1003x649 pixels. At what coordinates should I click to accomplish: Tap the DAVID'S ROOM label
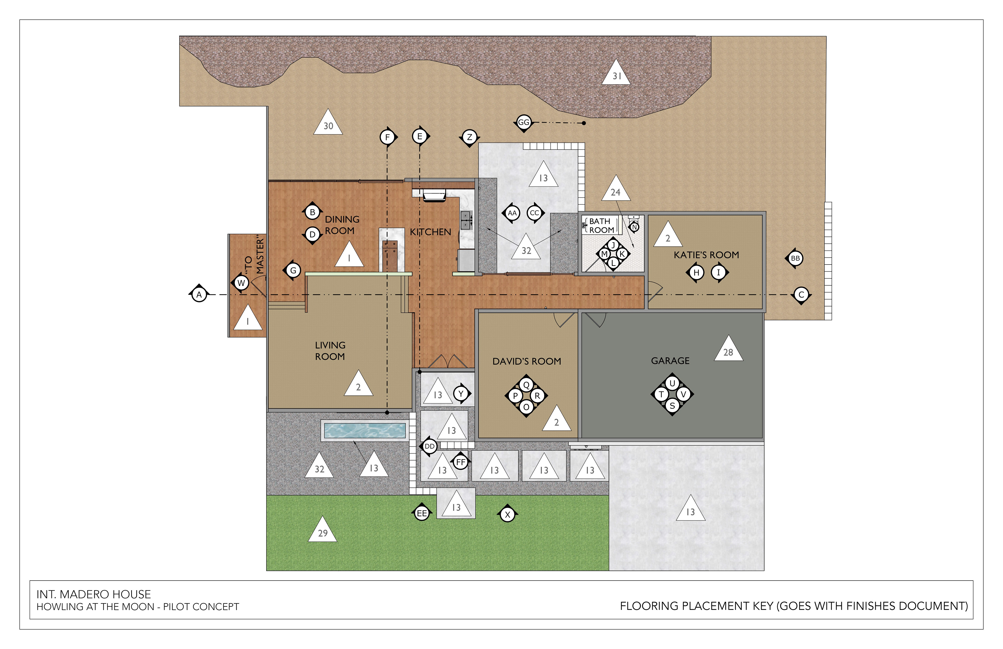527,361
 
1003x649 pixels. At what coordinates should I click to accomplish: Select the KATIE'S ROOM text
706,255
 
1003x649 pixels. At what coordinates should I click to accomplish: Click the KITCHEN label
430,232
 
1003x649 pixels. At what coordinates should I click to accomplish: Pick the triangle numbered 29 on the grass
322,529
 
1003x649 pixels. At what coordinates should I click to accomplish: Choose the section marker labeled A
199,295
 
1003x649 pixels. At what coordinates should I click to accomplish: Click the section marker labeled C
802,295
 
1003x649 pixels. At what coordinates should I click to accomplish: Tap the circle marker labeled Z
469,137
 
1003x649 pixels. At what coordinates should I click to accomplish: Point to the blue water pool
365,430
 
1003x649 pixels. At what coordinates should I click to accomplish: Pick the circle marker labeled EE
422,513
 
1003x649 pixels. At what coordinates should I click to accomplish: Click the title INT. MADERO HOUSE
94,594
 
